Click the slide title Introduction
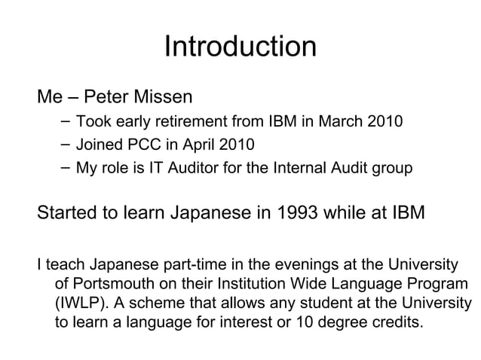240,47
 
